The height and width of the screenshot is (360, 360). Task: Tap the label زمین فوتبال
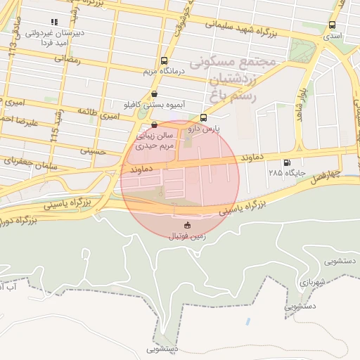pos(186,236)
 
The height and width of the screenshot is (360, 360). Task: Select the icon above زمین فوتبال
pos(187,225)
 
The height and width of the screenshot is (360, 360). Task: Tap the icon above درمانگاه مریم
pos(164,60)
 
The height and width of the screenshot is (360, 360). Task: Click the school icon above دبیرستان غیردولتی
pos(56,22)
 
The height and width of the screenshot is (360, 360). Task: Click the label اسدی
pos(333,34)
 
